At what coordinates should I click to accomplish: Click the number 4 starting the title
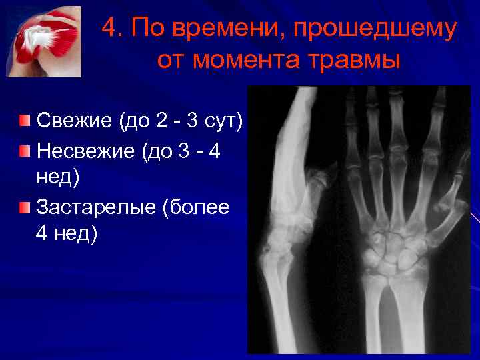click(110, 29)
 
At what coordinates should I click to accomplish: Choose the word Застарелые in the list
click(96, 207)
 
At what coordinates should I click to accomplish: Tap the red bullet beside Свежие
click(25, 121)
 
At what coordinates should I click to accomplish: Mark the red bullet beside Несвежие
click(25, 151)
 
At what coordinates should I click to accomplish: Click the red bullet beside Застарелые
click(25, 207)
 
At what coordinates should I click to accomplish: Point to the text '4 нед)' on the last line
click(67, 233)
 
